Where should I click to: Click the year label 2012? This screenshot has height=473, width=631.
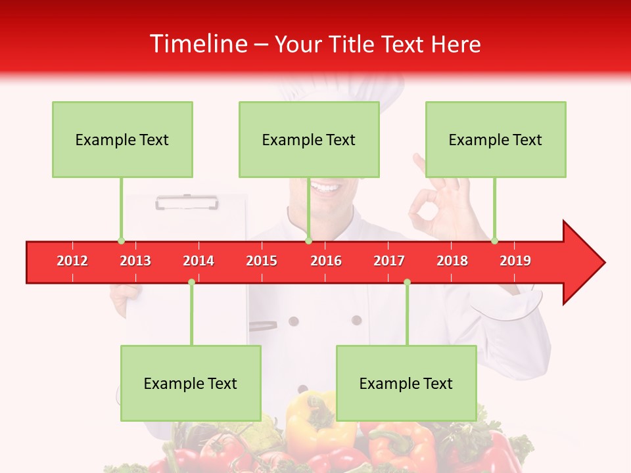72,261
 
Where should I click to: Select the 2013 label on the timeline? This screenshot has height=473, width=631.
135,261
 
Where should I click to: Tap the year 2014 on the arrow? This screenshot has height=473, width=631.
199,261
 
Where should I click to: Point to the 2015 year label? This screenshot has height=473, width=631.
262,261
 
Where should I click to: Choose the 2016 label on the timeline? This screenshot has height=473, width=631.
326,261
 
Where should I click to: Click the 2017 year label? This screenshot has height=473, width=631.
389,261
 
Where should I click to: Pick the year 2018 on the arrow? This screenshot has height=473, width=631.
452,261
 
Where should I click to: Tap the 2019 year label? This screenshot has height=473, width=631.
515,261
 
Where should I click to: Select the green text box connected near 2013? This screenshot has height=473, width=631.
122,140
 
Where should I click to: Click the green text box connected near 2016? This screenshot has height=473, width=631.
309,140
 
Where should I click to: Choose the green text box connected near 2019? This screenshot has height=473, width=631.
496,140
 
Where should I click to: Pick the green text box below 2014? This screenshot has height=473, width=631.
191,384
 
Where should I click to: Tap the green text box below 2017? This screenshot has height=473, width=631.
406,384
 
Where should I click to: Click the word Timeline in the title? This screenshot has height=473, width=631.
197,44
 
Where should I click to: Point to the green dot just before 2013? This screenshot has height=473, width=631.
121,240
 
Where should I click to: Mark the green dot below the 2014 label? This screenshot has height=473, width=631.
191,282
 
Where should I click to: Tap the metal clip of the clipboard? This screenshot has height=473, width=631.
187,202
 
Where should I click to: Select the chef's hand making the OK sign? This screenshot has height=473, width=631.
437,207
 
